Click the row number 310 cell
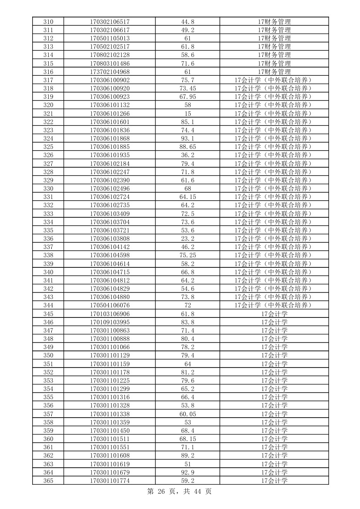coord(48,22)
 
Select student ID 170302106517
coord(110,22)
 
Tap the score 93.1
coord(188,138)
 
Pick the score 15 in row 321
coord(188,114)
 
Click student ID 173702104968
coord(110,72)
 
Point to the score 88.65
coord(188,147)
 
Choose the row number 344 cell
coord(48,305)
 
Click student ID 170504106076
coord(110,305)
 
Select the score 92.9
coord(188,472)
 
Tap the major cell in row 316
coord(274,72)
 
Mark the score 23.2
coord(188,239)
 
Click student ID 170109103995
coord(110,322)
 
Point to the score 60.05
coord(188,414)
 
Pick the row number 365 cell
coord(48,481)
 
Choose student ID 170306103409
coord(110,214)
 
